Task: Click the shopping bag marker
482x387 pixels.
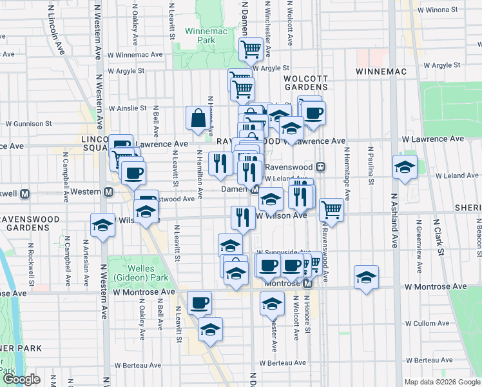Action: [x=198, y=118]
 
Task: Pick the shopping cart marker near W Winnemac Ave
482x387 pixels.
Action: [x=250, y=48]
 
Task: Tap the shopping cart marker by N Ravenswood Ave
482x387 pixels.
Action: [x=331, y=208]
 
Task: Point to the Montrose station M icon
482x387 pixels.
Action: [x=308, y=284]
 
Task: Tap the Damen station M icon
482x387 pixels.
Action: [x=255, y=190]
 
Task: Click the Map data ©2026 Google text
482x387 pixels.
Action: [x=442, y=382]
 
